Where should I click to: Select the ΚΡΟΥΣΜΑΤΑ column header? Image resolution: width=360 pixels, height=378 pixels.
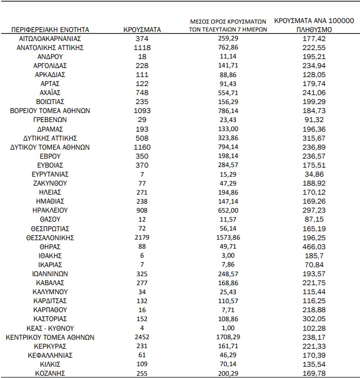142,29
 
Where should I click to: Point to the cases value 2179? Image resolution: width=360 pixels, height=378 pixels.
142,237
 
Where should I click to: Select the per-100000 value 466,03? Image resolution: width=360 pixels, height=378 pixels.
314,246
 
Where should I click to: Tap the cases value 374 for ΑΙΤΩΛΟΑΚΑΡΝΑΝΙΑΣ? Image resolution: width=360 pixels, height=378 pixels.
142,38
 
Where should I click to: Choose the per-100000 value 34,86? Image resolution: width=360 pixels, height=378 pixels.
314,174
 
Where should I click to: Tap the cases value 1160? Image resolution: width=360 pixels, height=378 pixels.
142,147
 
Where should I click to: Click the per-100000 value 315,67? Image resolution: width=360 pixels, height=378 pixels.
314,138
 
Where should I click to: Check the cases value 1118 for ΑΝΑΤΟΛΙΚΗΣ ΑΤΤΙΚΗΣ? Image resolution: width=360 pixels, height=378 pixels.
142,47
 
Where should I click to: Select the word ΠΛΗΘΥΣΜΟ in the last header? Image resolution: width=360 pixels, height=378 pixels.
313,29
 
